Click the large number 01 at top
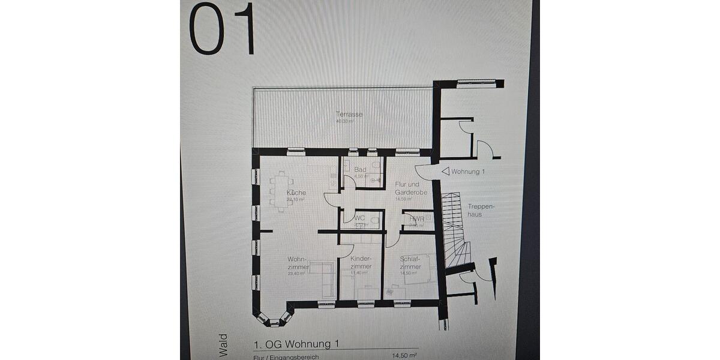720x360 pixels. (x=222, y=29)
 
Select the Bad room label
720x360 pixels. (x=360, y=170)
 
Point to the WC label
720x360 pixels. (x=360, y=218)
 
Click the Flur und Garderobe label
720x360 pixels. (x=411, y=188)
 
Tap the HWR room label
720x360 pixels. (x=416, y=220)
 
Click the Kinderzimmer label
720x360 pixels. (x=361, y=263)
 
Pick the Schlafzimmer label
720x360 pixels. (x=410, y=263)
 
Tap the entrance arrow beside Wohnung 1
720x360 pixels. (x=445, y=172)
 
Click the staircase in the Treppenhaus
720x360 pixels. (x=455, y=228)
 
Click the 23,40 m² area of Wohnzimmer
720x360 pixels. (x=296, y=273)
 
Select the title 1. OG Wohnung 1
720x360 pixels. (x=297, y=344)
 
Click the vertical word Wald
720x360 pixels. (x=223, y=345)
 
